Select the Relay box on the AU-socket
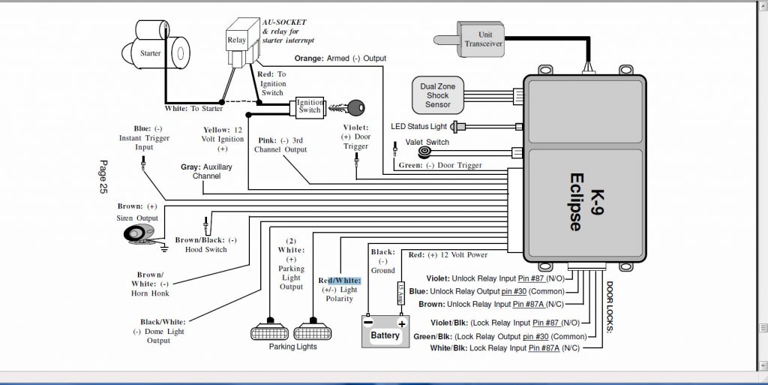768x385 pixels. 237,40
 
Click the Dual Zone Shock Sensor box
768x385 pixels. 438,95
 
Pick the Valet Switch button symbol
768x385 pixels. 425,152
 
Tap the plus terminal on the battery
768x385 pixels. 402,322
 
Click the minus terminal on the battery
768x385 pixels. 368,322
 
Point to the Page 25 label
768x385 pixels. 103,177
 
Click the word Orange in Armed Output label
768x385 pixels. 308,58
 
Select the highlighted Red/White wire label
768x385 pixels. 340,280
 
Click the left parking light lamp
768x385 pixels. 268,329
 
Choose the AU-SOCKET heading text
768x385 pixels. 285,23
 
